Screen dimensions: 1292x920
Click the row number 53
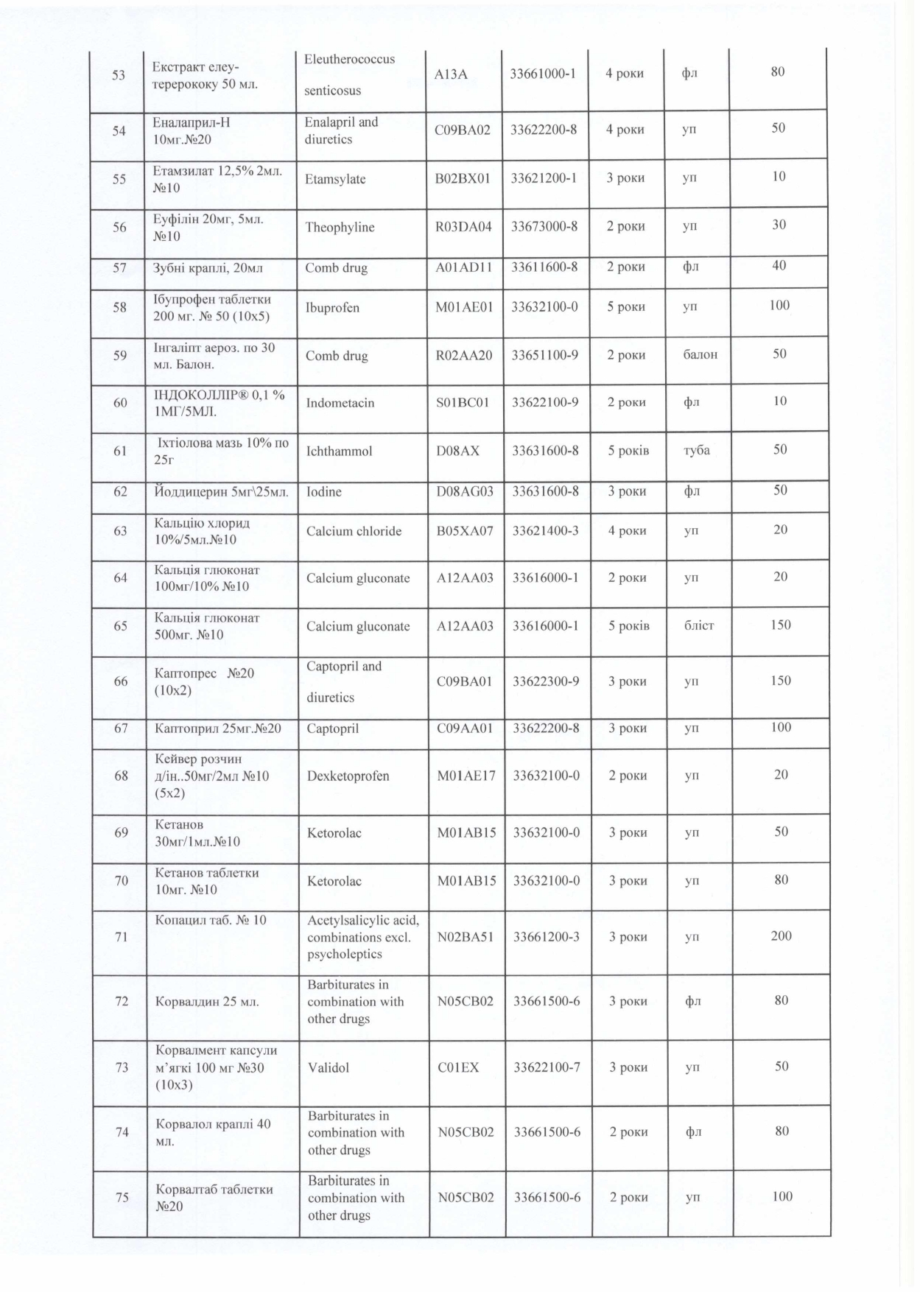[x=118, y=75]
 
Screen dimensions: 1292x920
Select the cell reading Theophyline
[x=340, y=227]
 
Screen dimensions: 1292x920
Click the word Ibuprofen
[x=332, y=307]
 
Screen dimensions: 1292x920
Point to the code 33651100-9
[x=544, y=355]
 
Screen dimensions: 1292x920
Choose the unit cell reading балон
[x=700, y=354]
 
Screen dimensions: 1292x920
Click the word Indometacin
[x=340, y=403]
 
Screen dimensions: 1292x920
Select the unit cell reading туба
[x=697, y=449]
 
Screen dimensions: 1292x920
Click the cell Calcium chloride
[x=354, y=531]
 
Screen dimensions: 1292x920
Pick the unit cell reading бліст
[x=699, y=625]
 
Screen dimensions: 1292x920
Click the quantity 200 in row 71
[x=781, y=935]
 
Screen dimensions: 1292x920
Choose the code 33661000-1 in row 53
[x=544, y=73]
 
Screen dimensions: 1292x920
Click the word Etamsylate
[x=335, y=179]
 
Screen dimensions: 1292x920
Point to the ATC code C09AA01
[x=465, y=728]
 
